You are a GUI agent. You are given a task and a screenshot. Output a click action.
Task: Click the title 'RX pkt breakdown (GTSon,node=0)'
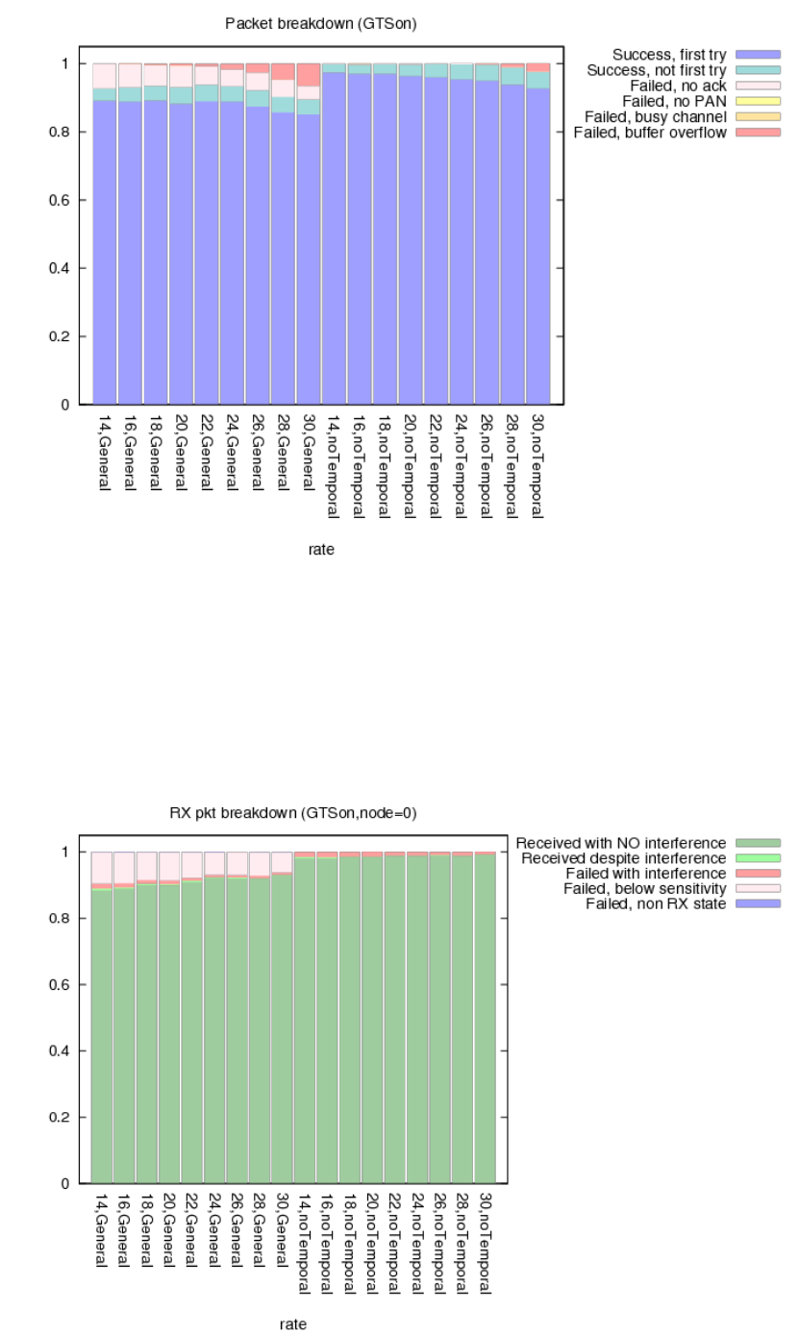click(293, 813)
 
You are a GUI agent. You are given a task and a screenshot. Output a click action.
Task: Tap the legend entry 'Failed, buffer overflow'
click(650, 132)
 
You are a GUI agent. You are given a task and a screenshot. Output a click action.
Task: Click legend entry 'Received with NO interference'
click(621, 843)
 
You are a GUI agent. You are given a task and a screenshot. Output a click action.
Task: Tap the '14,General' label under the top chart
click(105, 452)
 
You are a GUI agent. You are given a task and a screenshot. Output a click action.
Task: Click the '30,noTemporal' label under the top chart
click(537, 465)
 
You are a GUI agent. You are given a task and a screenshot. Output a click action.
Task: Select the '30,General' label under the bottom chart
click(282, 1237)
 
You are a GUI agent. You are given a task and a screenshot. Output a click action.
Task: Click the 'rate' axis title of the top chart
click(322, 549)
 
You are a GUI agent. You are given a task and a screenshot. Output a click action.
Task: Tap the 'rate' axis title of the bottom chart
click(293, 1324)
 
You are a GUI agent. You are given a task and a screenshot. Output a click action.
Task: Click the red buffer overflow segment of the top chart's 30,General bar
click(308, 75)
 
